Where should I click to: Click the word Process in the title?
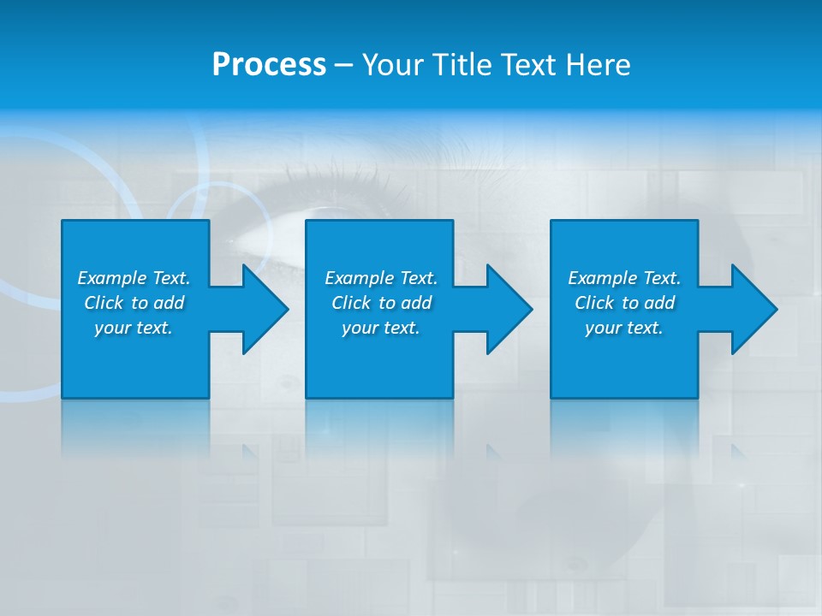[x=269, y=65]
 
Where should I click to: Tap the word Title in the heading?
[x=461, y=65]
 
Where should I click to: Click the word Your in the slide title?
[x=393, y=65]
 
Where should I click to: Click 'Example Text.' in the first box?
[x=134, y=278]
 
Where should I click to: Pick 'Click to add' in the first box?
[x=134, y=303]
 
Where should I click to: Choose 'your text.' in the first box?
[x=134, y=328]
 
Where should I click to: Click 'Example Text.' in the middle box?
[x=381, y=278]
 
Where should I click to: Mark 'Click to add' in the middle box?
[x=381, y=303]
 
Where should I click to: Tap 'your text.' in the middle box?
[x=381, y=328]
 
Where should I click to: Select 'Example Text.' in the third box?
[x=624, y=278]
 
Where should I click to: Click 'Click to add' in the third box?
[x=624, y=303]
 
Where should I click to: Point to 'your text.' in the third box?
[x=624, y=328]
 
